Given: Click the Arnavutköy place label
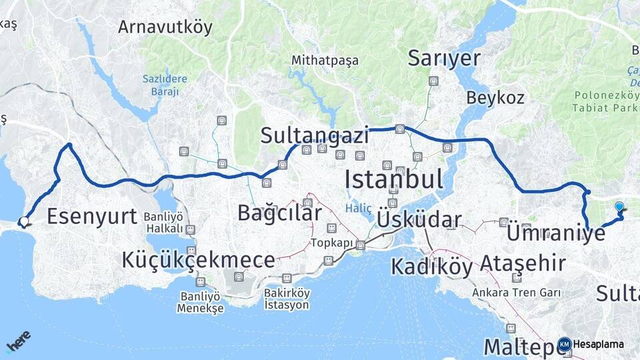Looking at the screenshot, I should point(165,27).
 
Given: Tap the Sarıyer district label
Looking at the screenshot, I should point(444,59).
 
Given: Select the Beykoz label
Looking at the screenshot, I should point(495,97).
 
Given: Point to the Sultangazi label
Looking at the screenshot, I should point(315,136).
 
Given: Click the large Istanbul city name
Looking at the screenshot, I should point(394,179).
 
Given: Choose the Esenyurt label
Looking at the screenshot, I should point(92,216).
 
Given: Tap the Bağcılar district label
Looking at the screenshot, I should point(280,213).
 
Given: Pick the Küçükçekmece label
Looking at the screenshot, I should point(198,261).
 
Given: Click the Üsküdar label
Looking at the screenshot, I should point(419,220).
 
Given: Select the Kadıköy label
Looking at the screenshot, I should point(431,267).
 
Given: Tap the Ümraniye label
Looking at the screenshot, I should point(556,234).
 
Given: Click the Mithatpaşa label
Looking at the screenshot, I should point(325,61).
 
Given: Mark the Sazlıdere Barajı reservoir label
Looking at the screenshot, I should point(165,85).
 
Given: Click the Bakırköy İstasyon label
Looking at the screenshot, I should point(287,299).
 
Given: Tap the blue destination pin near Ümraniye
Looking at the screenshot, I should point(620,207).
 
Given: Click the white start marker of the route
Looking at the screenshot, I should point(24,222).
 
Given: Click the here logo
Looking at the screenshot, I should point(18,342).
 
